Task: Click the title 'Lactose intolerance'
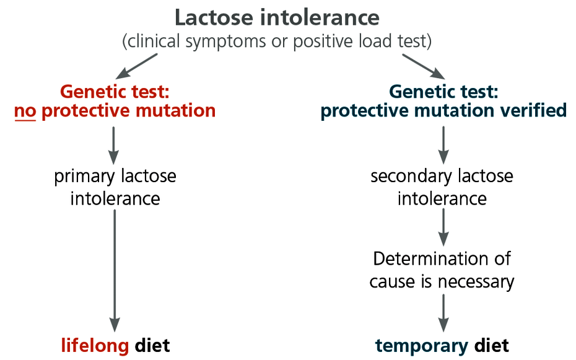[x=277, y=17]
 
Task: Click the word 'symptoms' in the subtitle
[x=225, y=42]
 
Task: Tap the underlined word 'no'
[x=25, y=111]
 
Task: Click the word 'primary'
[x=84, y=177]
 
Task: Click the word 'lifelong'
[x=95, y=345]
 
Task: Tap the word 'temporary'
[x=421, y=346]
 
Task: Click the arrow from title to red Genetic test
[x=136, y=66]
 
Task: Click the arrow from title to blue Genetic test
[x=424, y=66]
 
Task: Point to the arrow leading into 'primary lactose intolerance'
[x=113, y=146]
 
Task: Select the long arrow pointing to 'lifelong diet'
[x=115, y=270]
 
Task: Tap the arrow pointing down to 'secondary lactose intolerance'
[x=443, y=145]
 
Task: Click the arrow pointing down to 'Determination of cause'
[x=443, y=227]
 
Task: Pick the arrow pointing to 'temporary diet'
[x=443, y=313]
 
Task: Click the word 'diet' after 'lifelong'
[x=152, y=345]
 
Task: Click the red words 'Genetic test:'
[x=115, y=92]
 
